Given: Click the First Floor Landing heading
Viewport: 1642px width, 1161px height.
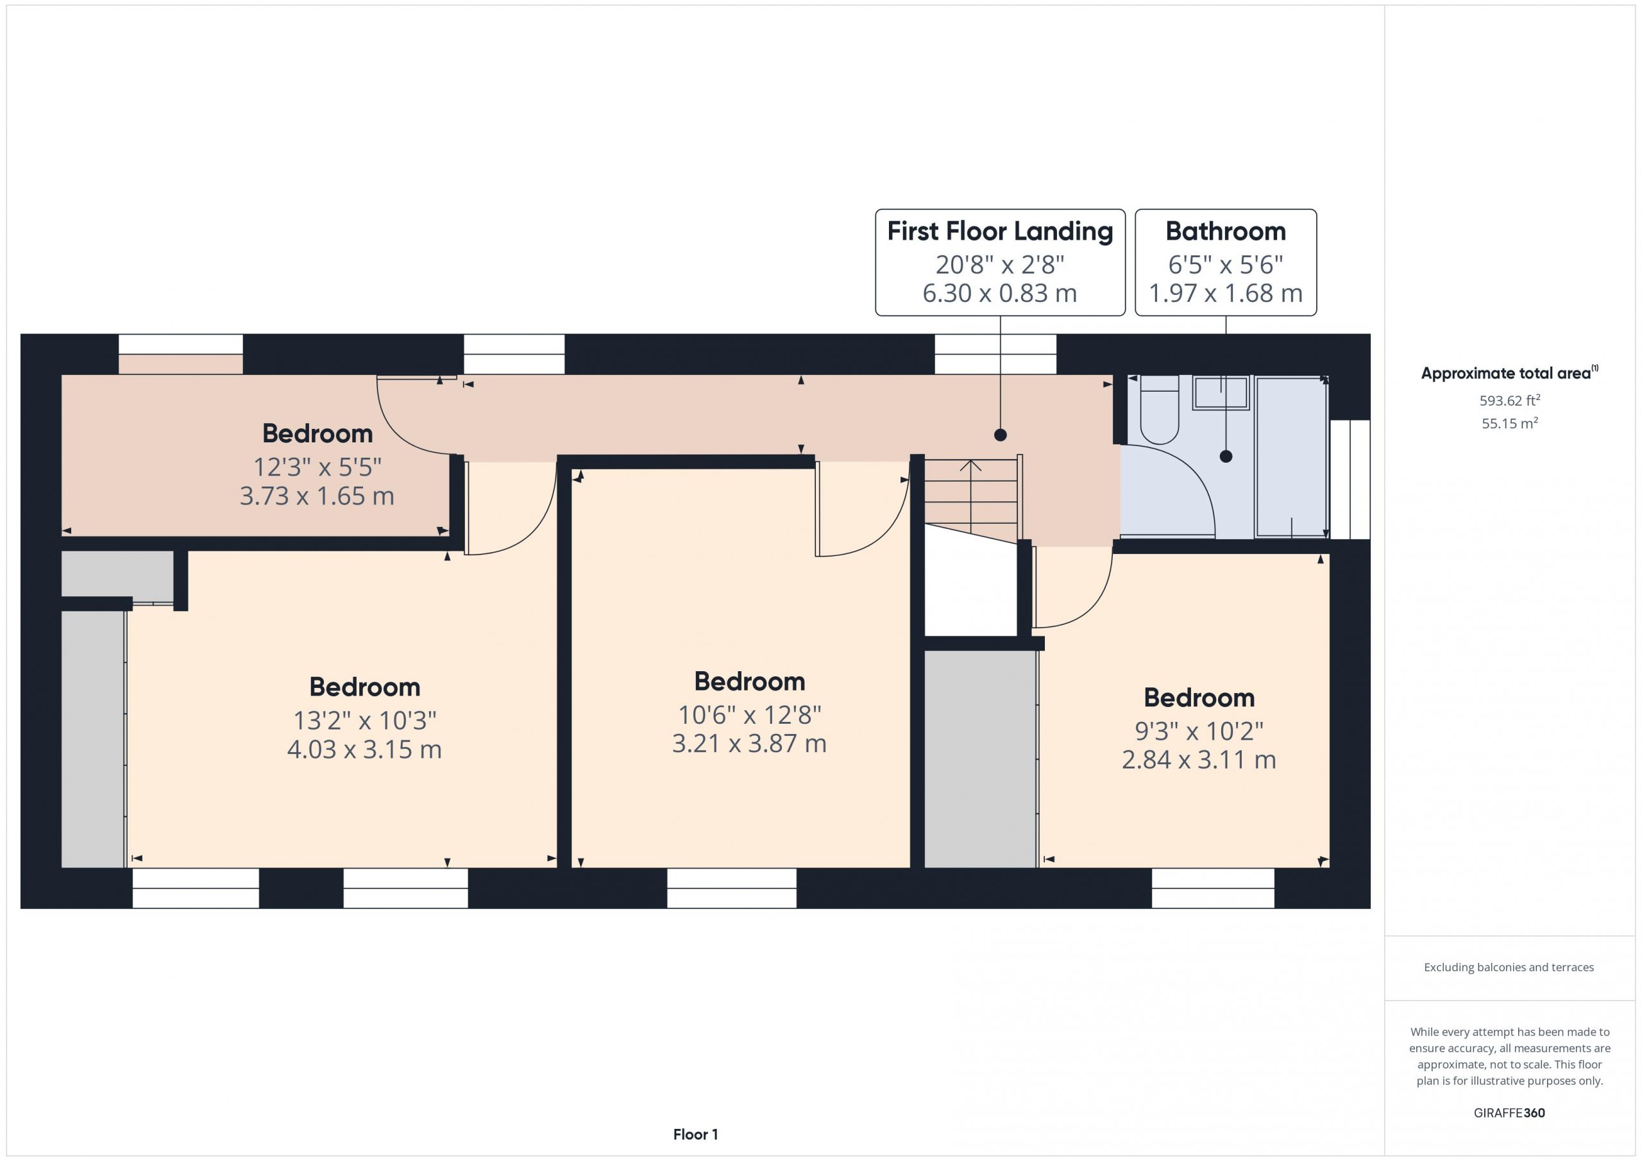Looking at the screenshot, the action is coord(1000,231).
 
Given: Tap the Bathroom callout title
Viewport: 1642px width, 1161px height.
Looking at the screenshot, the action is coord(1226,231).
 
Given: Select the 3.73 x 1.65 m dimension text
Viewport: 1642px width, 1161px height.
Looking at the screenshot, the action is coord(317,496).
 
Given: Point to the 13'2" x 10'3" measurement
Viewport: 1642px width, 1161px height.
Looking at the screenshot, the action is coord(365,721).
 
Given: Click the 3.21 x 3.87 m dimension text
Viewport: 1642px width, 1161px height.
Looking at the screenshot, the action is coord(750,744).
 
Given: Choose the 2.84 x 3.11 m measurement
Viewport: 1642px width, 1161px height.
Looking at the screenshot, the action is coord(1199,759).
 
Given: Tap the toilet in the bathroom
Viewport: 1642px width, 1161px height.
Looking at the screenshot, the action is coord(1159,410).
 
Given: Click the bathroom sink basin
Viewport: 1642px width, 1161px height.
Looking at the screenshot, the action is coord(1221,392).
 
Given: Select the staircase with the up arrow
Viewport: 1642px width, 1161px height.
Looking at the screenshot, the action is coord(971,501).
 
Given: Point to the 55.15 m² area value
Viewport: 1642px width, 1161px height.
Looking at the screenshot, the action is coord(1510,422).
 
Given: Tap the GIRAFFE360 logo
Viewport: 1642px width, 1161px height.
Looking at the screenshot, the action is coord(1510,1113).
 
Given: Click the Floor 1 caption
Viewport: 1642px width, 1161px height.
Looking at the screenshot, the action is coord(695,1135).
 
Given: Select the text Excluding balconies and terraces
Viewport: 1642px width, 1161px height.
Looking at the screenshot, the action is coord(1509,967).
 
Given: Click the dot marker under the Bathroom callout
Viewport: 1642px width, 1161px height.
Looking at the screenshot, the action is coord(1226,456).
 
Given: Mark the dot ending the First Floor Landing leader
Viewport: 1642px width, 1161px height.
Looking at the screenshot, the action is coord(1001,435).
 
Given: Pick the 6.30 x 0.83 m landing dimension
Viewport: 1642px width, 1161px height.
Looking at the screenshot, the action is coord(1000,293).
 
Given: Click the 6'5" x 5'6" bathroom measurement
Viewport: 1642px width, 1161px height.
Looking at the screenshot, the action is coord(1226,265).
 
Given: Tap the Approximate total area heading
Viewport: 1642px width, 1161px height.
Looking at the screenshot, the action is coord(1509,372).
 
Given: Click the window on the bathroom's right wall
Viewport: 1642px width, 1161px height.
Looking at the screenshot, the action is coord(1350,479).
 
